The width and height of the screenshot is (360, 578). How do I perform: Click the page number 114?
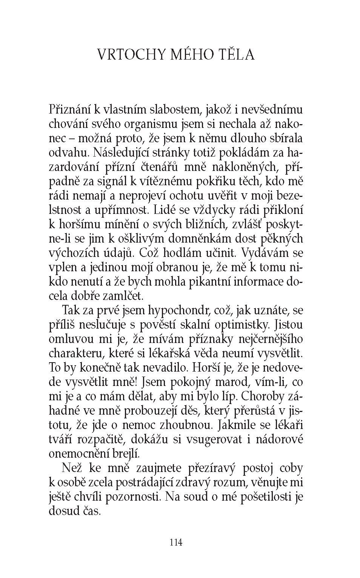pyautogui.click(x=176, y=543)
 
